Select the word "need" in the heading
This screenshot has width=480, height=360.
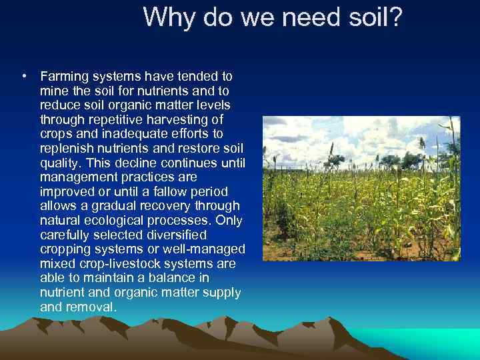310,17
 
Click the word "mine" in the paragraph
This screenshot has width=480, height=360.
53,91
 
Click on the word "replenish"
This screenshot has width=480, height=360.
65,149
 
